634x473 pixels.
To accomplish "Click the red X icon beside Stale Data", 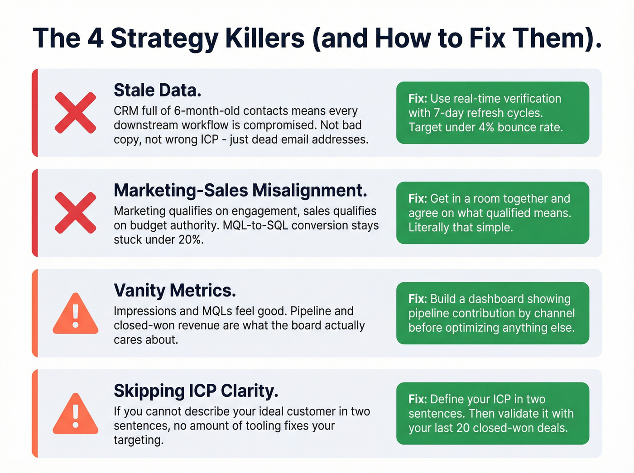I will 75,113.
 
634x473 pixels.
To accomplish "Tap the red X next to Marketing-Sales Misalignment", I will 75,213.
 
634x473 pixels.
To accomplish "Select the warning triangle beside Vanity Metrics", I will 75,314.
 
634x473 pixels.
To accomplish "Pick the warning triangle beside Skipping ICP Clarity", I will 75,414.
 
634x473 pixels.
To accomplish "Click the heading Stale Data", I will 157,91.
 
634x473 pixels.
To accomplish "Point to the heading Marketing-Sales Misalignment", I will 240,191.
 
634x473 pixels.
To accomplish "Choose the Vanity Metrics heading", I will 174,291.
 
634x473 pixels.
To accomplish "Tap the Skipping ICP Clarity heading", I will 196,391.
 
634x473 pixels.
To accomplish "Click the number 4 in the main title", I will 95,38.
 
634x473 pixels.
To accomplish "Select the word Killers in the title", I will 264,38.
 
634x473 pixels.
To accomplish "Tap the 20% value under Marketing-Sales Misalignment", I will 190,239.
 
